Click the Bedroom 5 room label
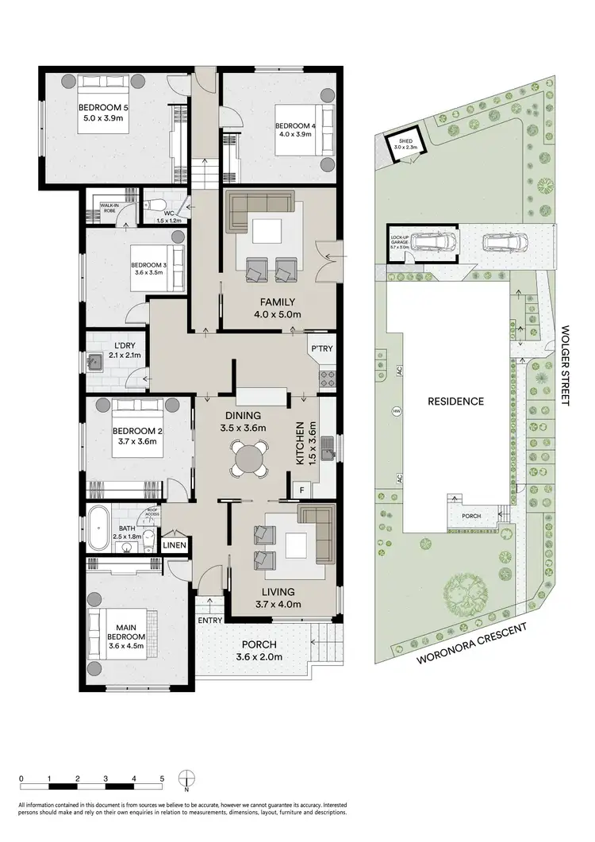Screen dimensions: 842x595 tap(103, 108)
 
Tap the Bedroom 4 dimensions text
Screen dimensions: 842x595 tap(294, 134)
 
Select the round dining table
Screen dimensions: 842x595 tap(251, 459)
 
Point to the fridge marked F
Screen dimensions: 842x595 tap(302, 490)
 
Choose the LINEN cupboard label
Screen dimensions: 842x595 tap(175, 546)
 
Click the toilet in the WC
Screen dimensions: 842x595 tap(154, 202)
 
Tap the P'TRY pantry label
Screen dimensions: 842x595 tap(321, 348)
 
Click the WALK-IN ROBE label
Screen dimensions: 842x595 tap(109, 207)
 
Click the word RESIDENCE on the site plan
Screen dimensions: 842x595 tap(456, 402)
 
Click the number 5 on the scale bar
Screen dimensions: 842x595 tap(162, 779)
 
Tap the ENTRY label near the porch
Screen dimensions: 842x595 tap(210, 620)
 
